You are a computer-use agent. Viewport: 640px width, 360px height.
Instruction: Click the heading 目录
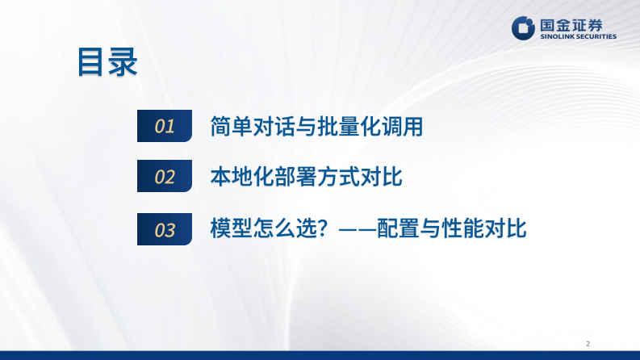[x=107, y=63]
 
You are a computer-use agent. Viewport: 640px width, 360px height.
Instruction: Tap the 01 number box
[x=165, y=126]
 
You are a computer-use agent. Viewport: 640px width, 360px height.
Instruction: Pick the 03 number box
[x=165, y=230]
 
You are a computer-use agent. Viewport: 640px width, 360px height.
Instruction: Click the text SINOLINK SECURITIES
[x=576, y=36]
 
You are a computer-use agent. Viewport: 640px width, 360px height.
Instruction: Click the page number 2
[x=588, y=344]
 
